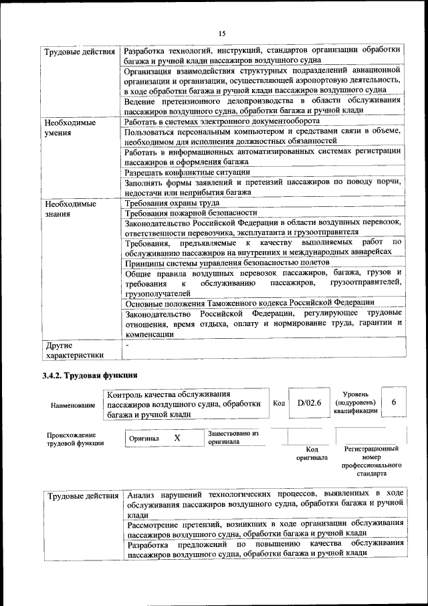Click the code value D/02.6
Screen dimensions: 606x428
point(310,402)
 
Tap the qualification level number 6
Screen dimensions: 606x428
point(394,402)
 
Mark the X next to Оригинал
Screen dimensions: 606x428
point(177,437)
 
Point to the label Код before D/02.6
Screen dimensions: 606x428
point(279,403)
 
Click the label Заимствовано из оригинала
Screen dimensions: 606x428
point(233,437)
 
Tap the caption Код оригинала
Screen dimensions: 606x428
point(311,453)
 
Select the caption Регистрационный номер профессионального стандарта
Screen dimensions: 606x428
point(371,461)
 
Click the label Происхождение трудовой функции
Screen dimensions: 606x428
point(75,439)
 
